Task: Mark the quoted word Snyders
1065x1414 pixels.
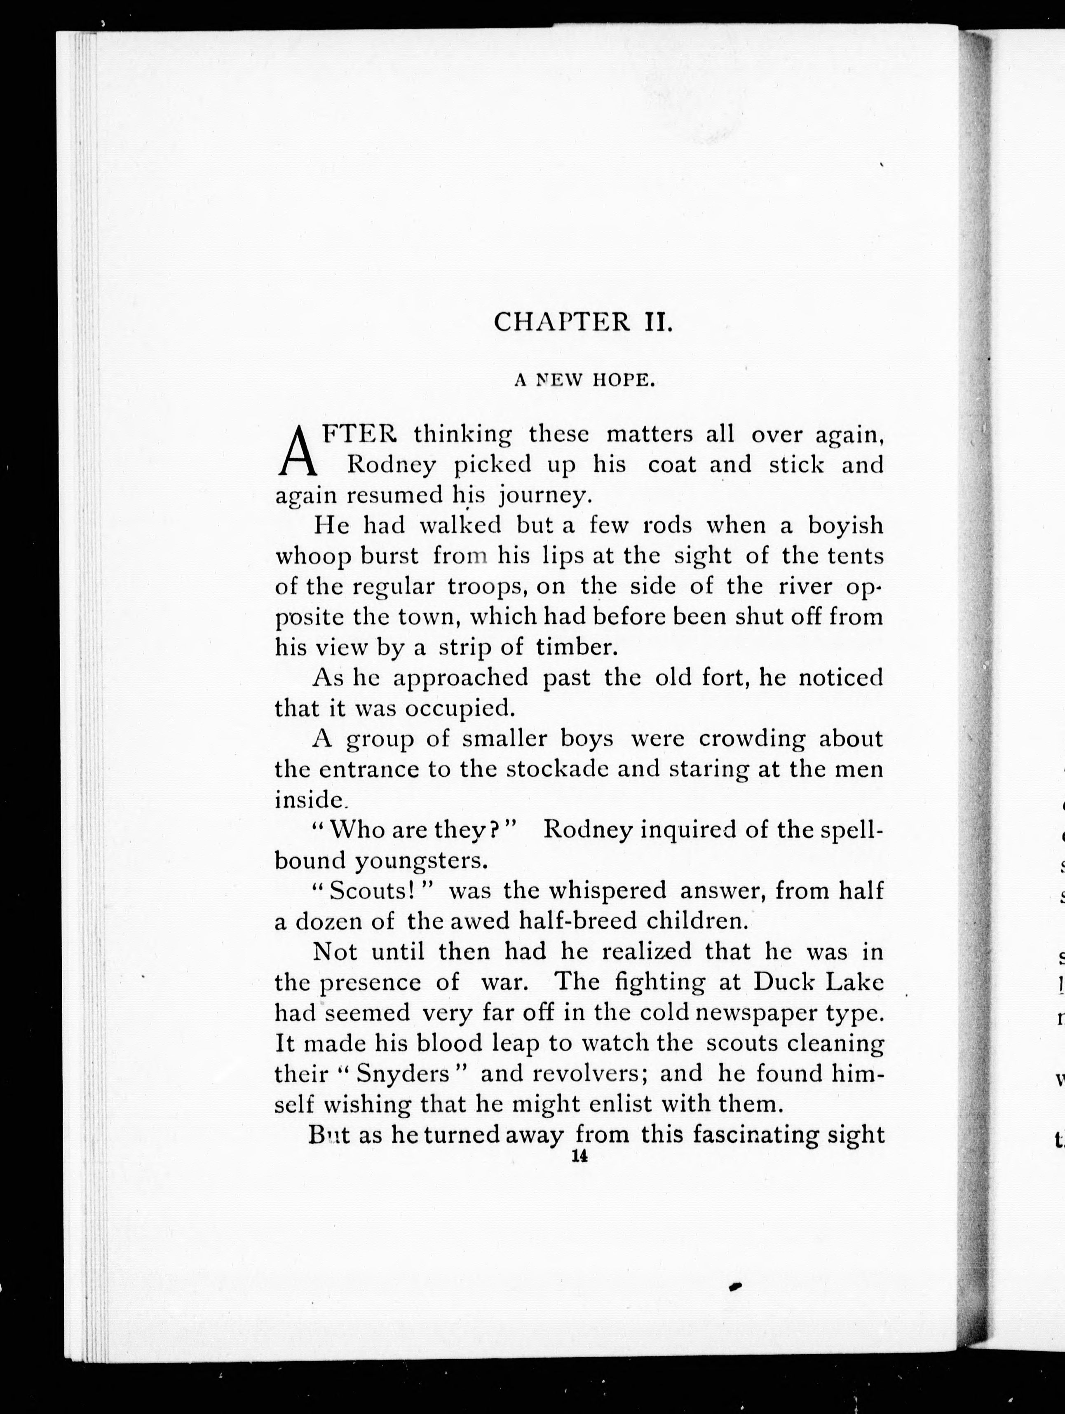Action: pos(403,1075)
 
